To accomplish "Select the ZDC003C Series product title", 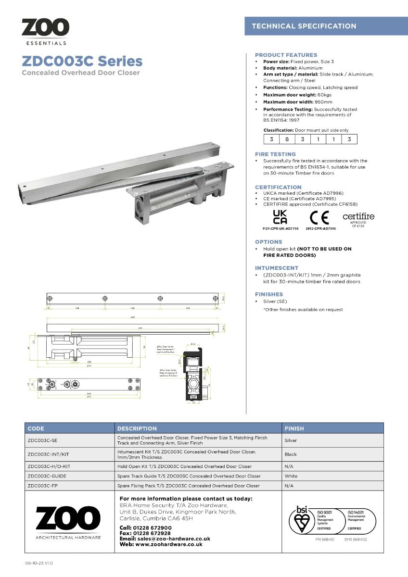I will tap(82, 62).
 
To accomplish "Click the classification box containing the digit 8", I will tap(287, 139).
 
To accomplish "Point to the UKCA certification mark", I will tap(280, 217).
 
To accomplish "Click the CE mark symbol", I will tap(319, 218).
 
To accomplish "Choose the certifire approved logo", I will tap(358, 219).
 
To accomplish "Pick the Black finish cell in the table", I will tap(291, 454).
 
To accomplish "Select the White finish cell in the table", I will tap(291, 476).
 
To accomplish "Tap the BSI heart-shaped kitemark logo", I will tap(301, 520).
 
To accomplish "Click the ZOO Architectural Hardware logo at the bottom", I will tap(68, 522).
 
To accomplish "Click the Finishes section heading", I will tap(269, 294).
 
